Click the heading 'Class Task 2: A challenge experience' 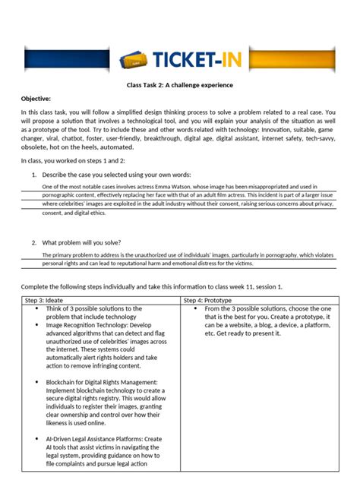pos(179,85)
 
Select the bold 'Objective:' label pos(36,99)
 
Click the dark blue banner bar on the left pos(72,58)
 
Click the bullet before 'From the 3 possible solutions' pos(195,309)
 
